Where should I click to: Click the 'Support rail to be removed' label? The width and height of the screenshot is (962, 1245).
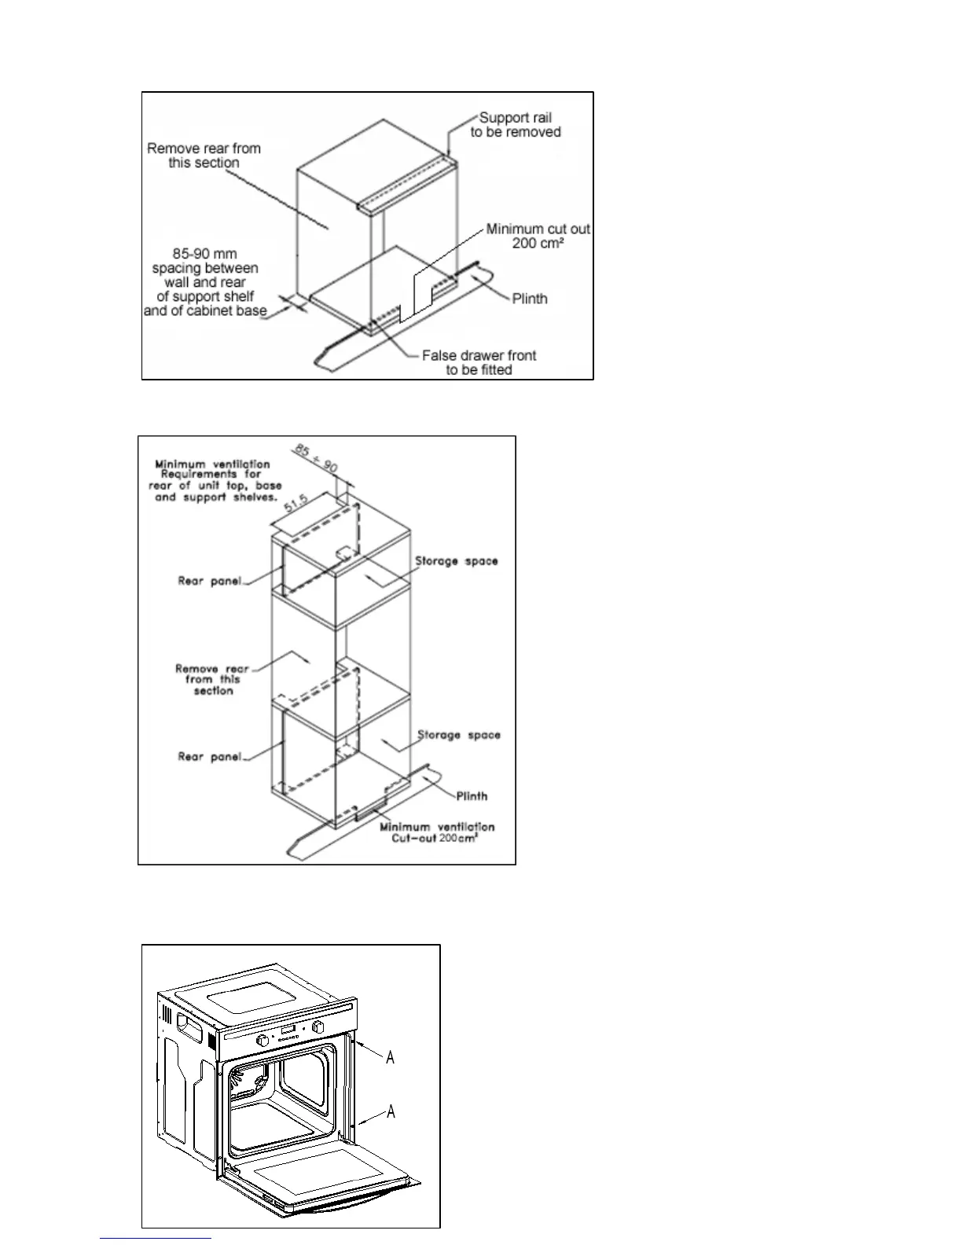pos(516,125)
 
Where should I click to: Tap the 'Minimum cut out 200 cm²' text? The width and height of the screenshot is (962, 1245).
pos(538,236)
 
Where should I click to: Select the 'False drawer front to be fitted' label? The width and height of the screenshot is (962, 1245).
pos(479,362)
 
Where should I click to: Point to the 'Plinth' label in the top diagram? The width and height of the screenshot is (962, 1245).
pos(530,299)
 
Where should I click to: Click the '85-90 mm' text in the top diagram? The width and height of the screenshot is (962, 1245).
pos(204,254)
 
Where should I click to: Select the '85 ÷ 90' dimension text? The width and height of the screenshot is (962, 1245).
pos(316,457)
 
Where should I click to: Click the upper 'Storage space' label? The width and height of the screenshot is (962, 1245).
pos(457,561)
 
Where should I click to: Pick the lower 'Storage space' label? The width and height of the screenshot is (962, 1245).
pos(458,735)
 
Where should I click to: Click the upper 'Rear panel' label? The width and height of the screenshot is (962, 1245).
pos(209,582)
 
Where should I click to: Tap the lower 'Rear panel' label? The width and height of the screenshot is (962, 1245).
pos(209,757)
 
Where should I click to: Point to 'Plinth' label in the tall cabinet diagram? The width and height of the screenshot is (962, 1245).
pos(472,796)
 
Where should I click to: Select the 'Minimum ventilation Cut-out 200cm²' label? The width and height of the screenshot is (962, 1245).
pos(437,832)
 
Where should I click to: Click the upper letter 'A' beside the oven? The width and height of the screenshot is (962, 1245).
pos(390,1057)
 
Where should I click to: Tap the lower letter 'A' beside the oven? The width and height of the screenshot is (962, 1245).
pos(390,1111)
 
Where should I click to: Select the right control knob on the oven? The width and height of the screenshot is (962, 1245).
pos(318,1027)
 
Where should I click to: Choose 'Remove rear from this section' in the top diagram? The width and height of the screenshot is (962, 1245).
pos(204,156)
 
